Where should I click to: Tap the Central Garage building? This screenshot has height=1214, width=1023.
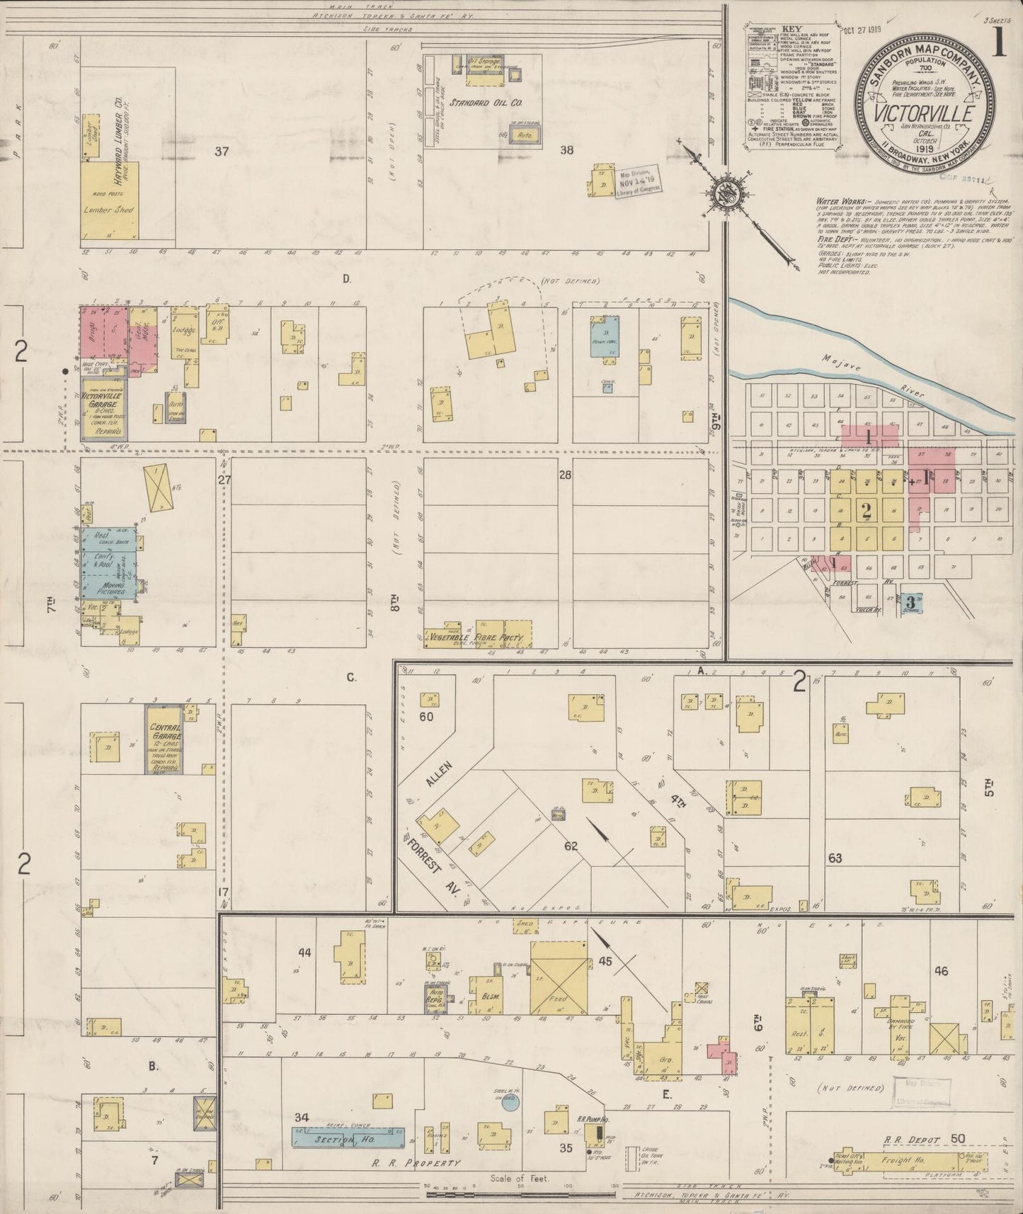tap(166, 739)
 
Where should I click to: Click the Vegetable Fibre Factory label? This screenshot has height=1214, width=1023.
tap(479, 638)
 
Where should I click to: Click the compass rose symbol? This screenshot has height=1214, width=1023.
tap(729, 189)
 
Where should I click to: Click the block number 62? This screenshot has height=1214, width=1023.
tap(571, 846)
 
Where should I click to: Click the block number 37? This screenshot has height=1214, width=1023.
tap(222, 150)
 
